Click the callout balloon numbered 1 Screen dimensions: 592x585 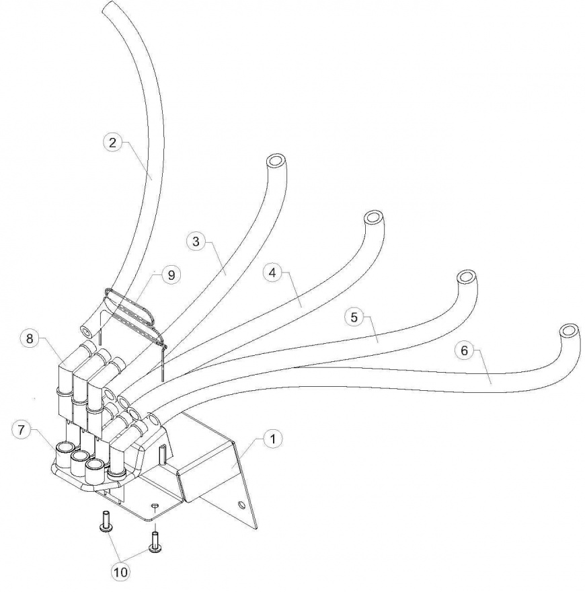271,440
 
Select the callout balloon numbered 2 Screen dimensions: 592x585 112,142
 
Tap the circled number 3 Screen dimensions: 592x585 195,242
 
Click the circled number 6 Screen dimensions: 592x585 462,350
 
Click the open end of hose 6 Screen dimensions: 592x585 569,331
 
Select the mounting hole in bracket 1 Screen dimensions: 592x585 240,503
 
